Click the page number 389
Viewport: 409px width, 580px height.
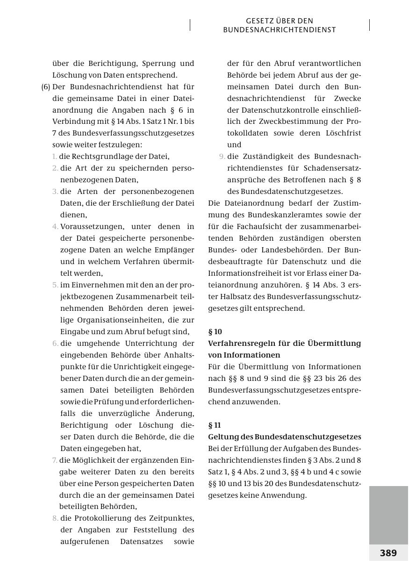388,553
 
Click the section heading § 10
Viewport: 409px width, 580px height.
215,332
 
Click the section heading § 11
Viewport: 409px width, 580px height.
215,425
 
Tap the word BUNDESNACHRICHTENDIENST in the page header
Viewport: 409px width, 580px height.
280,30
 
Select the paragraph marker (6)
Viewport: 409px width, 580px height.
46,87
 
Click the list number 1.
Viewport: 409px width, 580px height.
55,157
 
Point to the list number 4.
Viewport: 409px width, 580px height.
55,227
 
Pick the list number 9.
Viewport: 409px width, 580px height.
222,157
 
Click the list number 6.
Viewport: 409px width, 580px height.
55,344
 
